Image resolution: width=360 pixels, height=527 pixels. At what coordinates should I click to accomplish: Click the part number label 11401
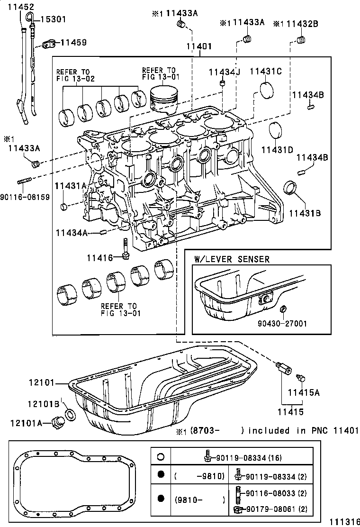[x=198, y=47]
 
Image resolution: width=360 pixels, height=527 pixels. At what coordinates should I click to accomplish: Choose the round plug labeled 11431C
[x=267, y=90]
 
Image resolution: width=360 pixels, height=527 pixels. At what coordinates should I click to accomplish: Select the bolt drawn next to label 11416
[x=126, y=249]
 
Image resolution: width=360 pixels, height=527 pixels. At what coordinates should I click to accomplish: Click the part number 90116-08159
[x=25, y=196]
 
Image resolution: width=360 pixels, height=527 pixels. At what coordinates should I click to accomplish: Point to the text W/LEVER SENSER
[x=232, y=259]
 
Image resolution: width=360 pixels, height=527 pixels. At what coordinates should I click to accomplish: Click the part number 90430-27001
[x=283, y=324]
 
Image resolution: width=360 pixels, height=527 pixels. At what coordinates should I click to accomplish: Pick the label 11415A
[x=305, y=392]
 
